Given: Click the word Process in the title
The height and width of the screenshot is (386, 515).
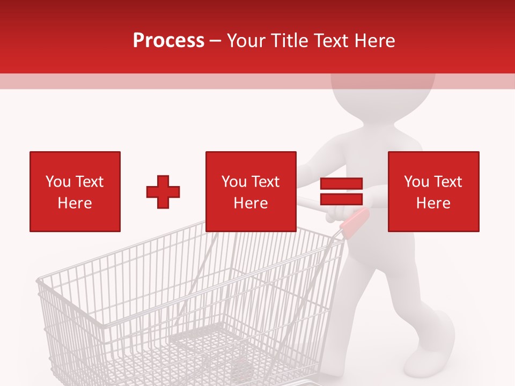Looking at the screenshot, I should pyautogui.click(x=168, y=41).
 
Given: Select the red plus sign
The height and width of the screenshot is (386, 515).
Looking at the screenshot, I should pyautogui.click(x=163, y=192).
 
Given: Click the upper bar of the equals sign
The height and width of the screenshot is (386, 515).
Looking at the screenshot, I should pyautogui.click(x=341, y=183).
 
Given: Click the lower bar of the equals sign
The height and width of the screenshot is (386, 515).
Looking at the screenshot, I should pyautogui.click(x=341, y=199).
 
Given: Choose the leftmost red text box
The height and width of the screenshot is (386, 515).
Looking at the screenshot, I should pyautogui.click(x=75, y=191).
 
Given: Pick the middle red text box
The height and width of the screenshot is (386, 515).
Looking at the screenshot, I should pyautogui.click(x=251, y=191).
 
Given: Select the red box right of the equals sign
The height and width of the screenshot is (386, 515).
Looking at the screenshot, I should pyautogui.click(x=433, y=191).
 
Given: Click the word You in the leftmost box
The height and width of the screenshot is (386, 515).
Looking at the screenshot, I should pyautogui.click(x=58, y=182).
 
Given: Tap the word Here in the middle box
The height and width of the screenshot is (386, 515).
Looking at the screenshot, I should pyautogui.click(x=251, y=203).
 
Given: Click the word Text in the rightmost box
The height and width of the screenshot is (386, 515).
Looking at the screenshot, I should pyautogui.click(x=448, y=182).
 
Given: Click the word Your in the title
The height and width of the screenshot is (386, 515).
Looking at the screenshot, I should pyautogui.click(x=247, y=41).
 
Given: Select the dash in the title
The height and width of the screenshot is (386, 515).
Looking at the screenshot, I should pyautogui.click(x=215, y=41).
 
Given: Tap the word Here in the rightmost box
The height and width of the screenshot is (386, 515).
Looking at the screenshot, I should pyautogui.click(x=433, y=203).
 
